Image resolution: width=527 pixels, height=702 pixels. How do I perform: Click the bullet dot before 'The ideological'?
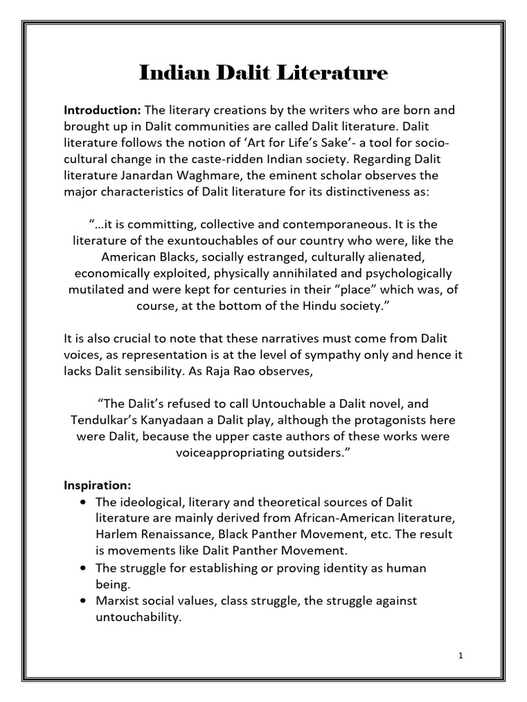83,502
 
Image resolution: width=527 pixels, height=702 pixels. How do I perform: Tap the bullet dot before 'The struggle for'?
83,568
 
